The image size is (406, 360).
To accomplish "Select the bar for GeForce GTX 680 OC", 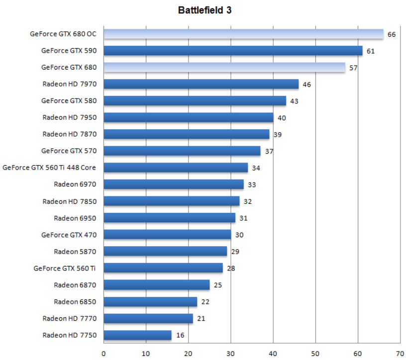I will coord(243,34).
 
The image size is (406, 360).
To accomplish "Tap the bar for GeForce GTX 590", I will coord(233,51).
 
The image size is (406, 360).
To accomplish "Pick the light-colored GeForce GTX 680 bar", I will coord(224,67).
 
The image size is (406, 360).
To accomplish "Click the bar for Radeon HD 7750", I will coord(137,335).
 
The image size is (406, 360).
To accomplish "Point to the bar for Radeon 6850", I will coord(150,302).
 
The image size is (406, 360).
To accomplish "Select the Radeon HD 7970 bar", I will coord(201,84).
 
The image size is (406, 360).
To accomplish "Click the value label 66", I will coord(392,34).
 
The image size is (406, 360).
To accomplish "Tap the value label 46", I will coord(307,85).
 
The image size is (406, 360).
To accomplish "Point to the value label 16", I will coord(180,336).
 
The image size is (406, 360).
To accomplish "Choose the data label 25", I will coord(218,285).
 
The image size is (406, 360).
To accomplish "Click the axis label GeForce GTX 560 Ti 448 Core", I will coord(49,168).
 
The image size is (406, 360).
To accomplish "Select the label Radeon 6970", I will coord(75,184).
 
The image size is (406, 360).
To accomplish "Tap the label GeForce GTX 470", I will coord(69,235).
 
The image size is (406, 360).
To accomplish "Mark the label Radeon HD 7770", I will coord(69,318).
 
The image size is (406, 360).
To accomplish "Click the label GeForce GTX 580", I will coord(69,101).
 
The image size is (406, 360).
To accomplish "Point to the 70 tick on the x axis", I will coord(400,354).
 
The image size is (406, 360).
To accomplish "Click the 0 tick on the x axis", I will coord(103,354).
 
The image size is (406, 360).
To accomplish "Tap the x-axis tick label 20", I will coord(188,354).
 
